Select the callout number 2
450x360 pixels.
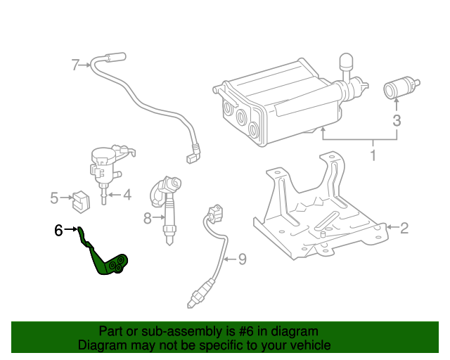[404, 227]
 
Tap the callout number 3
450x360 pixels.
[397, 120]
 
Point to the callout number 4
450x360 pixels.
[127, 195]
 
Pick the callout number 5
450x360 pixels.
[55, 198]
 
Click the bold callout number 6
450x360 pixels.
[59, 230]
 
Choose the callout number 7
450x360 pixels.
[76, 65]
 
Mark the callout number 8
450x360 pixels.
[148, 219]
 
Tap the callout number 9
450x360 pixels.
[241, 259]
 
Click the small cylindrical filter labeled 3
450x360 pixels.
[397, 89]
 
